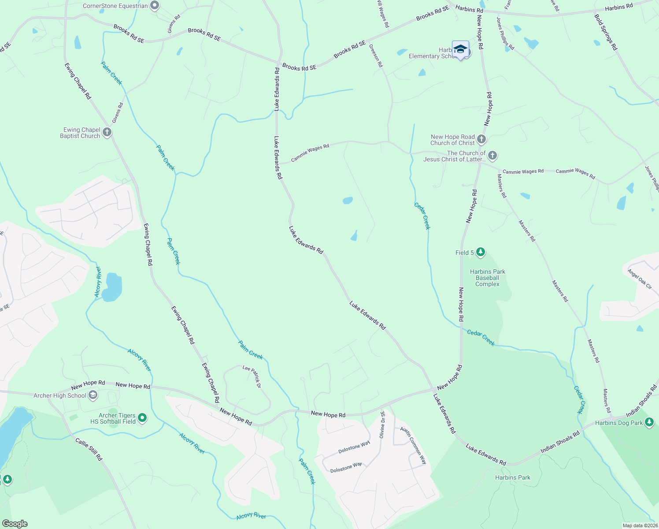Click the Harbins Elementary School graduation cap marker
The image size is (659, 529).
click(460, 49)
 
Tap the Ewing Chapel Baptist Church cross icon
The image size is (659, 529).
click(107, 132)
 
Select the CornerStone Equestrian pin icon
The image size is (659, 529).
click(154, 6)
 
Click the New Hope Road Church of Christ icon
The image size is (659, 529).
click(481, 140)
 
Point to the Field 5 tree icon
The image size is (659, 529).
click(480, 252)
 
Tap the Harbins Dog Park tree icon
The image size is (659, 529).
click(649, 422)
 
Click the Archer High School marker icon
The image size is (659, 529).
click(93, 395)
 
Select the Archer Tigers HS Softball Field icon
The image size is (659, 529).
click(142, 418)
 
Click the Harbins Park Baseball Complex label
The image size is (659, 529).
click(487, 278)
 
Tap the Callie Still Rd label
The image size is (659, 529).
click(89, 449)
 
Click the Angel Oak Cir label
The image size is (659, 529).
click(640, 279)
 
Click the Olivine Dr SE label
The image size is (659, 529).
click(382, 425)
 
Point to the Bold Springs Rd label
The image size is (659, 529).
click(606, 32)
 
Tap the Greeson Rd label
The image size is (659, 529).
click(375, 56)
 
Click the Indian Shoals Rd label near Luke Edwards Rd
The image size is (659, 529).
click(560, 443)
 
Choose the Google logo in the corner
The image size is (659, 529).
click(15, 524)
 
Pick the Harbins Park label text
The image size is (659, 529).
click(512, 477)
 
